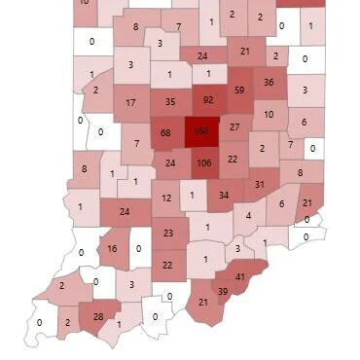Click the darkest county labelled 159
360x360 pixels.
(x=201, y=130)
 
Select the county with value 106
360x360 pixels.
(x=204, y=163)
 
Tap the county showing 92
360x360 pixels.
(x=208, y=99)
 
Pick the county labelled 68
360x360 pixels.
(x=165, y=132)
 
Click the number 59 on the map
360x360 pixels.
(x=239, y=91)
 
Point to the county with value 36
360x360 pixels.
(x=270, y=84)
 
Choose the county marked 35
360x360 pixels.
(x=170, y=101)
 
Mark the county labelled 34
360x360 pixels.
(x=224, y=195)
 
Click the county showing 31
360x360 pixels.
(x=259, y=185)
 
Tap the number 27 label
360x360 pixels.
(x=234, y=127)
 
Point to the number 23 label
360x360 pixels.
(x=168, y=234)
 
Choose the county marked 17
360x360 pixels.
(x=131, y=102)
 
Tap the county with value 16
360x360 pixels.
(x=112, y=249)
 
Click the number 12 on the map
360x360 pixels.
(x=166, y=198)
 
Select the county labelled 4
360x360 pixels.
(x=249, y=215)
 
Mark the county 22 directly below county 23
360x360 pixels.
(x=167, y=265)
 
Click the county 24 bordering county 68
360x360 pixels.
(x=171, y=162)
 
